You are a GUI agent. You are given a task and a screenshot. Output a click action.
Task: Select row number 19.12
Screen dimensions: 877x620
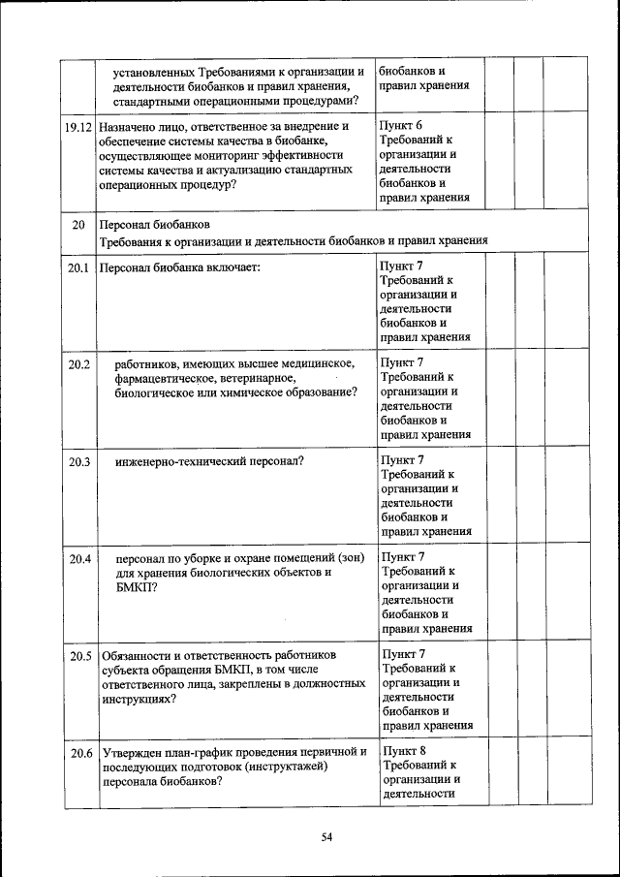[77, 127]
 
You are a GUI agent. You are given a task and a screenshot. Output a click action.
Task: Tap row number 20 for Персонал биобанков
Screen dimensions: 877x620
[78, 225]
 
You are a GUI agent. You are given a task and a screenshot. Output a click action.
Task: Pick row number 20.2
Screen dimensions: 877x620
[78, 364]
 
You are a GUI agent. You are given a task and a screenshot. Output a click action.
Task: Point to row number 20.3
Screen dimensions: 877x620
[78, 462]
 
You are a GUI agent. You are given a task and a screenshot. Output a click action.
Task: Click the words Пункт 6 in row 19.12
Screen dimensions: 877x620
[401, 127]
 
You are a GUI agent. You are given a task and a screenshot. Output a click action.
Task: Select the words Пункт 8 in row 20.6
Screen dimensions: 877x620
[404, 752]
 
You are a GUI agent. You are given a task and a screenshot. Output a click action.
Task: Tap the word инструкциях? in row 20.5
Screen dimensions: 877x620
[138, 698]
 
